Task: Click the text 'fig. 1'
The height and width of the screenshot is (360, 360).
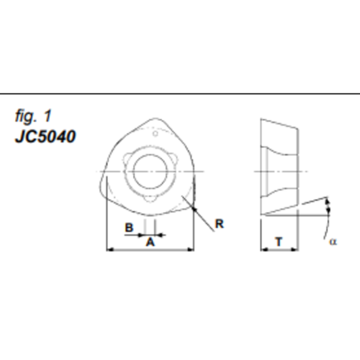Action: coord(33,116)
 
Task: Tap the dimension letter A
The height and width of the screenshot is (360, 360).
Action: coord(149,242)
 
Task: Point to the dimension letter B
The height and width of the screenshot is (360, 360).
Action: coord(130,226)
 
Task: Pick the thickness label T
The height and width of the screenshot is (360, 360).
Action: coord(279,242)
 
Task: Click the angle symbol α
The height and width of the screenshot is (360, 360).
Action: coord(333,241)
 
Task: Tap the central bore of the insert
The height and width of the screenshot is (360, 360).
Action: coord(151,171)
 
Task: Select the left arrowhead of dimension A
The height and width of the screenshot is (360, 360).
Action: coord(109,249)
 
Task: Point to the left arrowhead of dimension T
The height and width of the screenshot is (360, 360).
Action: coord(263,249)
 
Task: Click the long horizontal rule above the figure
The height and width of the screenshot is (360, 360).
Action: coord(180,94)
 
